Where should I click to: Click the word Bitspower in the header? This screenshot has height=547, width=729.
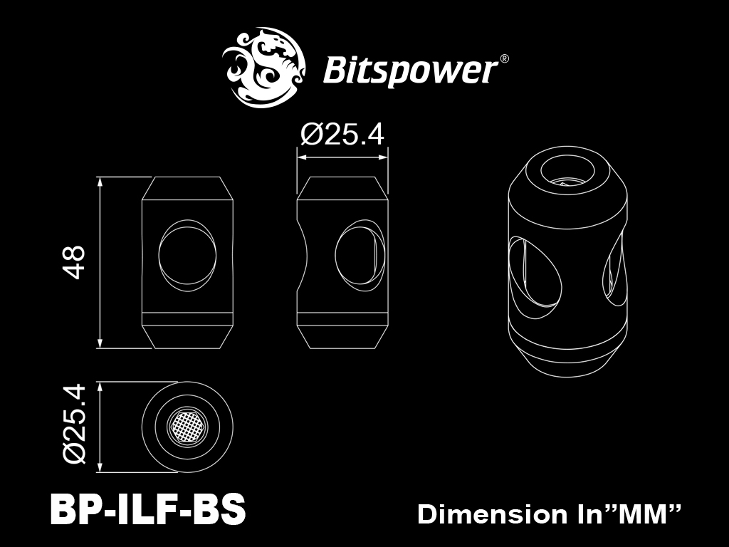(x=410, y=71)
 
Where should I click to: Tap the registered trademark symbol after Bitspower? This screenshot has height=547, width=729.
(x=504, y=59)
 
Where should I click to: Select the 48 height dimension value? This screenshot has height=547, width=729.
(x=74, y=262)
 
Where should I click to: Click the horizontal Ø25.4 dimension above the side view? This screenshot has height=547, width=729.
(x=342, y=135)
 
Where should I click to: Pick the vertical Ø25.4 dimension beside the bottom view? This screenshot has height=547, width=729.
(x=75, y=424)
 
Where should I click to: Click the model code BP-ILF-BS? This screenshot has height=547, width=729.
(x=147, y=509)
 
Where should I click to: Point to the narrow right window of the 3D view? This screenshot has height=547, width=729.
(x=614, y=270)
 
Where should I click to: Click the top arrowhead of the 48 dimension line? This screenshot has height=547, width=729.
(x=100, y=182)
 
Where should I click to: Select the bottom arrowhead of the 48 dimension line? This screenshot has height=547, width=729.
(x=100, y=343)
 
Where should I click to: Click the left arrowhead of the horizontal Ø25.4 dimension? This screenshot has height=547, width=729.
(x=303, y=157)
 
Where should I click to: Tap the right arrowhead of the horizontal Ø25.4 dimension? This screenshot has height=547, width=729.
(x=382, y=157)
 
